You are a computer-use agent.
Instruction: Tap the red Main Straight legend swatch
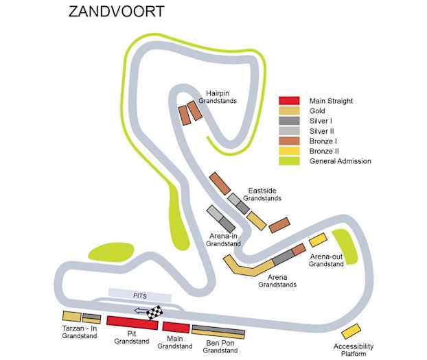[289, 101]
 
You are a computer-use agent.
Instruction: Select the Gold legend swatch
[289, 111]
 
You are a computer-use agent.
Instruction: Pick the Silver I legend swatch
[289, 121]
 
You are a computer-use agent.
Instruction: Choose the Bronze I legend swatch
[289, 141]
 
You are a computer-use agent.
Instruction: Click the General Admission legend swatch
[289, 161]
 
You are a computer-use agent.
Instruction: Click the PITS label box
[140, 295]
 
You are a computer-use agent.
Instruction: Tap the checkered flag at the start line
[156, 313]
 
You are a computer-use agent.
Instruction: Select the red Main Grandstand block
[175, 328]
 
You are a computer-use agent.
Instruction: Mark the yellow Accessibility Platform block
[350, 331]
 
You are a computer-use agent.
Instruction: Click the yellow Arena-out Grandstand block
[317, 240]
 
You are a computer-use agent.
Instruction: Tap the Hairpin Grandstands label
[218, 96]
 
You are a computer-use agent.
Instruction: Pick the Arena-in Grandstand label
[223, 239]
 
